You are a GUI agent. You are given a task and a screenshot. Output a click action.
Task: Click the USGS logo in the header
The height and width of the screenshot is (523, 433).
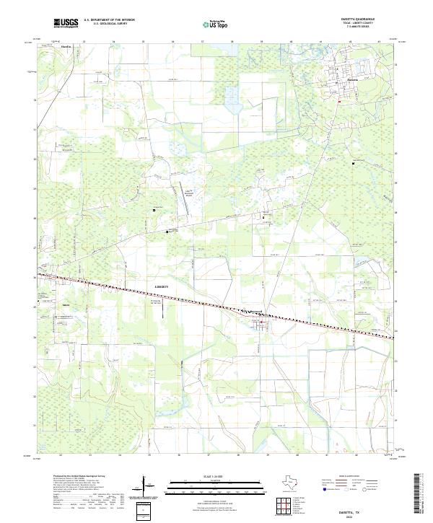point(66,24)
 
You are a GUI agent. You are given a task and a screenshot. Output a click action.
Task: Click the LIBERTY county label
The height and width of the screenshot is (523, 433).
point(162,286)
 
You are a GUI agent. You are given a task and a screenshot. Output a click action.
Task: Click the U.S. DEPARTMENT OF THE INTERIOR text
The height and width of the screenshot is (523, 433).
point(108,20)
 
